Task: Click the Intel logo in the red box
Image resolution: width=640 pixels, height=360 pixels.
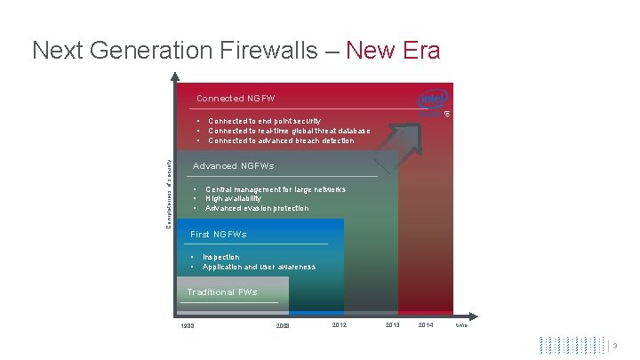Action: click(x=434, y=100)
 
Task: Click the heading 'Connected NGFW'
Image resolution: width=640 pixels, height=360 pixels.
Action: click(x=236, y=98)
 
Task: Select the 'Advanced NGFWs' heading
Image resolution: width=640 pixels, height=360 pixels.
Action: click(x=233, y=165)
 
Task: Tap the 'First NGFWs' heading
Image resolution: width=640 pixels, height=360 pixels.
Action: click(x=218, y=234)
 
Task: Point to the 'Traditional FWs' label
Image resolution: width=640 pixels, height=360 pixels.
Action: click(x=221, y=292)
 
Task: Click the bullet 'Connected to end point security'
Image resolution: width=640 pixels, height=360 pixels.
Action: click(x=264, y=121)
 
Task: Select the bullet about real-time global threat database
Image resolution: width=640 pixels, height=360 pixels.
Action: click(x=289, y=131)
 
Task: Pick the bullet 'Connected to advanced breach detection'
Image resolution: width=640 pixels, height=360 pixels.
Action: click(x=280, y=140)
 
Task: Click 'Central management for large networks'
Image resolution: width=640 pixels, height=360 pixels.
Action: click(x=275, y=188)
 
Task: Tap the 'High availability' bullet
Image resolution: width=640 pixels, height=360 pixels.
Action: click(x=233, y=198)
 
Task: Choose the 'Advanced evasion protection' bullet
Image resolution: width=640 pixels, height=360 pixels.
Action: click(x=257, y=208)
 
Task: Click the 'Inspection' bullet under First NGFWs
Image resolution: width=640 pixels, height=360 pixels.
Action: click(x=220, y=257)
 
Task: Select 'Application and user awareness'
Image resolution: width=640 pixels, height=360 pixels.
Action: click(x=259, y=267)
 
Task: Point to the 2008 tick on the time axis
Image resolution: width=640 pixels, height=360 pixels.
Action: click(x=283, y=326)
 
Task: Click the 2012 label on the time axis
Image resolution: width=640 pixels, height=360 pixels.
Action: click(x=339, y=325)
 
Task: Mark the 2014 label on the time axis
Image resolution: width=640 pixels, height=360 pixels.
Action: click(x=426, y=325)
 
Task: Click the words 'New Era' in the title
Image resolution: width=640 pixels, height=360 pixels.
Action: click(x=393, y=51)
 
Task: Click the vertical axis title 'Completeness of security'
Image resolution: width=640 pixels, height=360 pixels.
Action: click(x=169, y=192)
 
